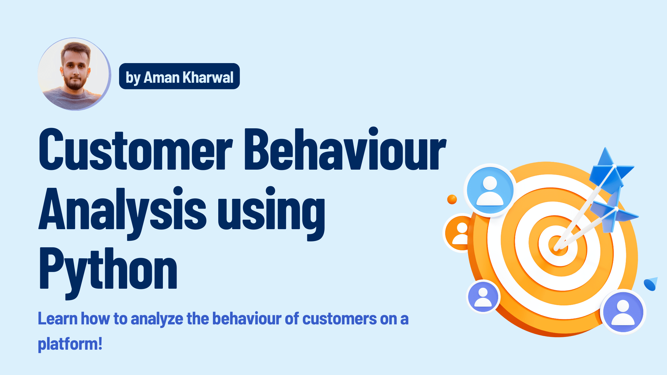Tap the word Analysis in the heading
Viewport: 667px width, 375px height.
[x=122, y=209]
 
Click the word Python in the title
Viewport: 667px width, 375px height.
[x=108, y=269]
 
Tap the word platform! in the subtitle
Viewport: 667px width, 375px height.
[x=70, y=344]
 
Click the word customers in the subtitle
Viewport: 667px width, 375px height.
[x=339, y=319]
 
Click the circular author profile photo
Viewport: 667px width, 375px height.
[x=74, y=74]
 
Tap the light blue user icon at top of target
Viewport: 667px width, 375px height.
[x=490, y=190]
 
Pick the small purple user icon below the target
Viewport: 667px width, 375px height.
[x=483, y=297]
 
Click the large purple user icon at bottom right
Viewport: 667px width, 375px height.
[x=623, y=312]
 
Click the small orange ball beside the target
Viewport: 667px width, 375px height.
[x=452, y=199]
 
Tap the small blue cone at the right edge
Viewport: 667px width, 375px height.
[x=651, y=284]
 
